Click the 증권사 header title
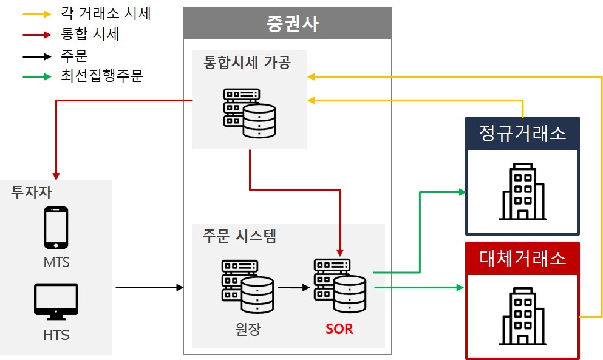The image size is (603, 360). (287, 24)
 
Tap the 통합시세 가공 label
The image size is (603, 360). (247, 62)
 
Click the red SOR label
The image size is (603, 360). (339, 330)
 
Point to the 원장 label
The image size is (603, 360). (247, 330)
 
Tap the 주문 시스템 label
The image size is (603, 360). (239, 236)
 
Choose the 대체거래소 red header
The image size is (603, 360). (522, 258)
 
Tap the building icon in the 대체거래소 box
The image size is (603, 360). (522, 316)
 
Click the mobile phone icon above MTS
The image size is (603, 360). (56, 228)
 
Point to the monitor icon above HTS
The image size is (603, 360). (56, 301)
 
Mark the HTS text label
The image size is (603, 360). (56, 335)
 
